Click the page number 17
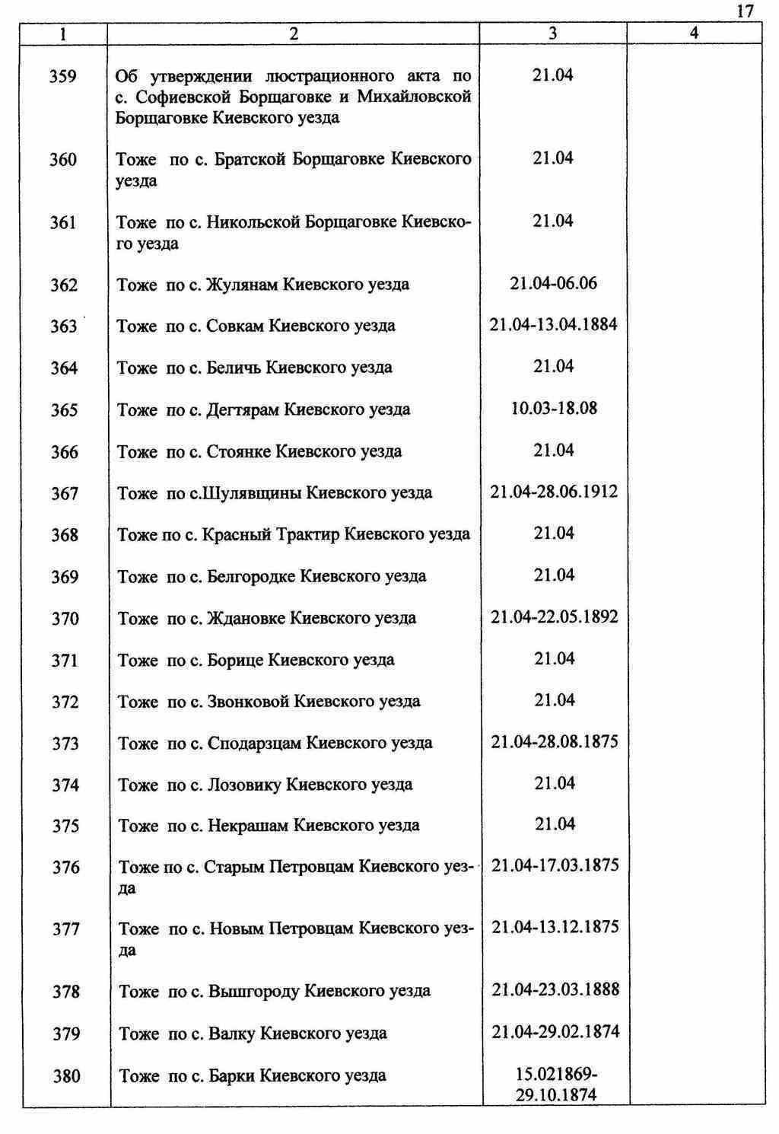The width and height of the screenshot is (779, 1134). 745,11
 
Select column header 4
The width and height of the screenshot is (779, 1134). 693,33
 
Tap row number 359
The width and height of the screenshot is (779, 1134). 62,76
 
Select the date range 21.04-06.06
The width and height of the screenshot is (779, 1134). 553,284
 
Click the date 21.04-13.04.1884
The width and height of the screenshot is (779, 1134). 553,325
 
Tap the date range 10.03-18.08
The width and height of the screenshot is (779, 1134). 553,409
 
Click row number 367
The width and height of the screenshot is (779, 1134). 65,494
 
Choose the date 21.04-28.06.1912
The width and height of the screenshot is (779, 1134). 554,492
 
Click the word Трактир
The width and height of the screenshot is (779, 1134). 307,534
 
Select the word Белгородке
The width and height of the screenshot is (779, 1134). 252,576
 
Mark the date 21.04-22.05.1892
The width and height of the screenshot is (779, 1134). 554,617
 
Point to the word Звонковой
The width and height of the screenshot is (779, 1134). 248,701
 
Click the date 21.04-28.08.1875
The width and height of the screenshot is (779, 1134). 554,741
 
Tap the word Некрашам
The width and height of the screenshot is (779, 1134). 248,826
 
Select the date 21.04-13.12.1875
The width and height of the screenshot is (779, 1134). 555,927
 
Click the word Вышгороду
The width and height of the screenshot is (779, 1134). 254,992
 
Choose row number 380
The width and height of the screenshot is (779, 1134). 67,1076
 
